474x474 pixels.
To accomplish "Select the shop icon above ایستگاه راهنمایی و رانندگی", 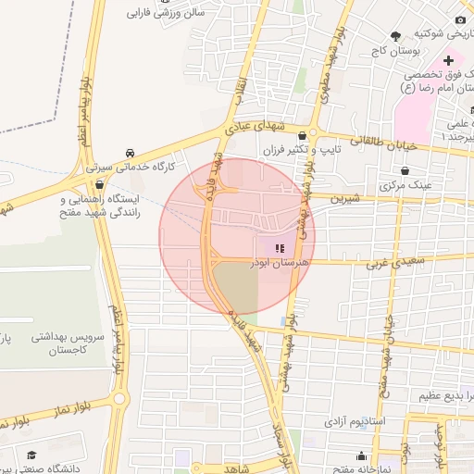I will [100, 184].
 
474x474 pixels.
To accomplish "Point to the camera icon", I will [460, 19].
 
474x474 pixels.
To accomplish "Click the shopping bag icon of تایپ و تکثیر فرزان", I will [302, 136].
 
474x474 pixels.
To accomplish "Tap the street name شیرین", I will [345, 198].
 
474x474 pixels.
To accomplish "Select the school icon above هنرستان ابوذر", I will [280, 248].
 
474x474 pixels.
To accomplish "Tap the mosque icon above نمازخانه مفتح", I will [360, 455].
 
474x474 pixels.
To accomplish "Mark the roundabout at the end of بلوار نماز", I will [121, 400].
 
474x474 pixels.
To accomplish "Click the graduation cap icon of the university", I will [32, 455].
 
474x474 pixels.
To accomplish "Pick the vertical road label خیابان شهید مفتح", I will [388, 352].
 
